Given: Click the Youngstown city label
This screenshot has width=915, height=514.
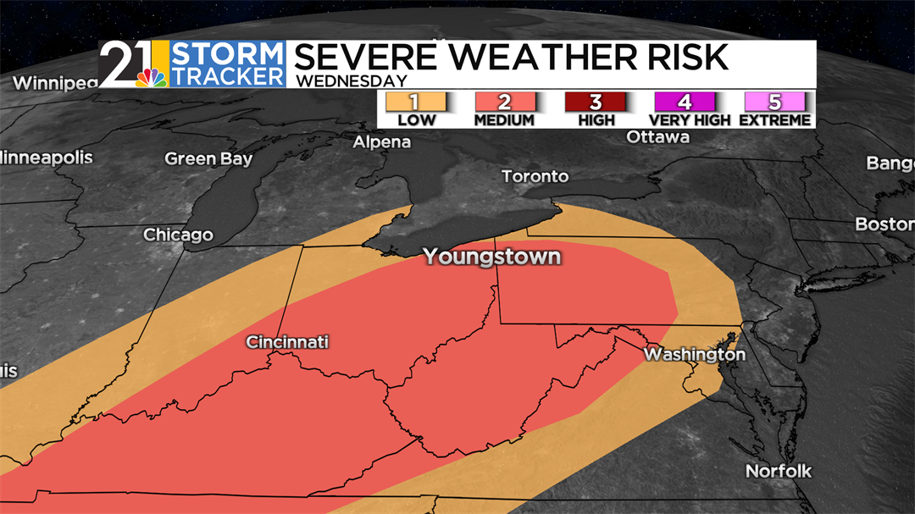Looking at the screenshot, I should [491, 256].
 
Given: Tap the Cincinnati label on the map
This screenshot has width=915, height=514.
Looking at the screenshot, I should [287, 342].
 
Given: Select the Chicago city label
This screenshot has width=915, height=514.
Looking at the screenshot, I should [178, 235].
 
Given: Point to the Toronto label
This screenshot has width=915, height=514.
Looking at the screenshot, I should [535, 176].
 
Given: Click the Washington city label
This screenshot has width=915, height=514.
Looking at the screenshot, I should [694, 354].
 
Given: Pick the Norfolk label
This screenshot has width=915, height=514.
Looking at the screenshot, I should [778, 471].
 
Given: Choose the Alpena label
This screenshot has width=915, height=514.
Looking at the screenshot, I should [381, 141].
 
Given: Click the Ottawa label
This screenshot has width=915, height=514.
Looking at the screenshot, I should [657, 136].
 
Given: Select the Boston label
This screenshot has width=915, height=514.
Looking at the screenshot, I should [884, 224].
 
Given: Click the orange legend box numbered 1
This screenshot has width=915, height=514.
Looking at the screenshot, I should [415, 102].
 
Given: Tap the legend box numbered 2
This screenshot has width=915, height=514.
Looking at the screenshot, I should [504, 102].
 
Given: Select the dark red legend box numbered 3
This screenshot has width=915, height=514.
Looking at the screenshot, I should [595, 102].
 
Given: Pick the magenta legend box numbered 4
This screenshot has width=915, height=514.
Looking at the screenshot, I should [685, 102].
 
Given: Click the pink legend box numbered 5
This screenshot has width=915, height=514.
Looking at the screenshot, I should [774, 102].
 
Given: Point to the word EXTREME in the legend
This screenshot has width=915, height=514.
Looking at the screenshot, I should [775, 120].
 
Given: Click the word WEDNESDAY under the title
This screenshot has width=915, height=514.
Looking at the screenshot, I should [350, 81].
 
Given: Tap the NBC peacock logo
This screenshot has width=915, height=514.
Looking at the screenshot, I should [152, 79].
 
